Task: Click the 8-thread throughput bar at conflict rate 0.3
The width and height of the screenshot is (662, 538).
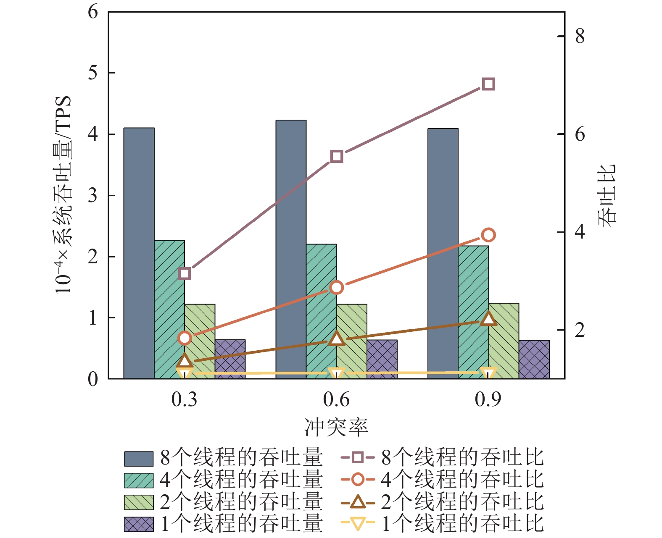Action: coord(139,252)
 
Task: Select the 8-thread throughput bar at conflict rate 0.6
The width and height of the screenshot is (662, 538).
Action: coord(291,248)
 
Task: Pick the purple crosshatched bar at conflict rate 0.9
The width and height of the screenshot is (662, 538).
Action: coord(534,360)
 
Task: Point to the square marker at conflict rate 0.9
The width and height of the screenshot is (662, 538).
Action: coord(488,84)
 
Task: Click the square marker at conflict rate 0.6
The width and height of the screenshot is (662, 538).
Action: coord(337,157)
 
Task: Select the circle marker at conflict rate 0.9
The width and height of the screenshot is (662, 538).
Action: coord(488,235)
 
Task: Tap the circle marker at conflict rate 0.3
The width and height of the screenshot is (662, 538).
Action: coord(185,338)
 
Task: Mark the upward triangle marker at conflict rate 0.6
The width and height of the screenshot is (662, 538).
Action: coord(337,339)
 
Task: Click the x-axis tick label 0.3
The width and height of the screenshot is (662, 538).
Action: coord(184,399)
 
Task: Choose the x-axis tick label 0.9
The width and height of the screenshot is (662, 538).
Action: coord(488,399)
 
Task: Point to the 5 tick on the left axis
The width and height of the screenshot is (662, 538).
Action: coord(93,73)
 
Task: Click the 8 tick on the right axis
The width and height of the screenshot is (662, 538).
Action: coord(580,37)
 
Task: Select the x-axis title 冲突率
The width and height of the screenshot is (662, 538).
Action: coord(336,427)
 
